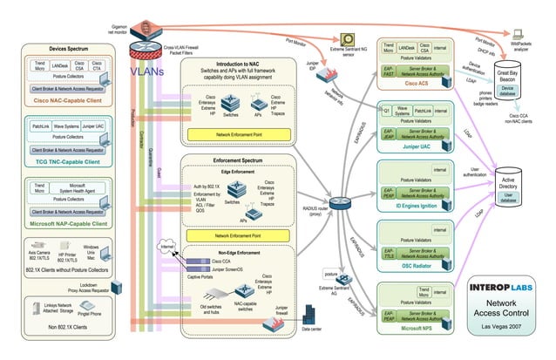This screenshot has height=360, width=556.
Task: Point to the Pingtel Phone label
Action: [91, 314]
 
